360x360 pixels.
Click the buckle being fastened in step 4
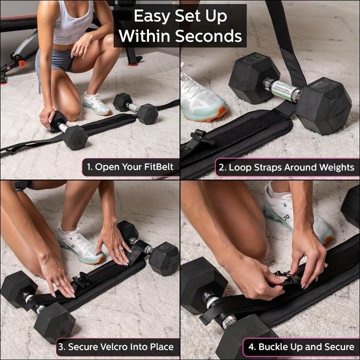(x=288, y=279)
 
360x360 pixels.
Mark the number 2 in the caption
(x=222, y=167)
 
